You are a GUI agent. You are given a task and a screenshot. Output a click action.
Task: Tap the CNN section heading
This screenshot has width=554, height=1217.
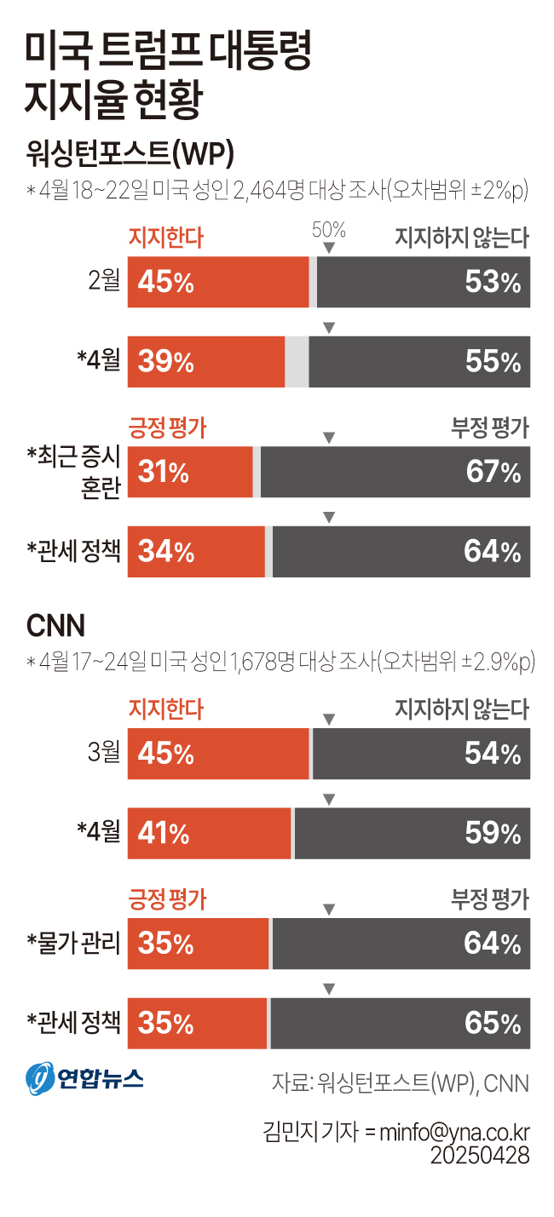coord(56,626)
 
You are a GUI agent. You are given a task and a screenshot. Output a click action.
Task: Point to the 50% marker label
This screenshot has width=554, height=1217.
coord(329,229)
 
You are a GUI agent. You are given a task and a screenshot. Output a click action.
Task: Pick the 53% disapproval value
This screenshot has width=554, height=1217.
coord(493,282)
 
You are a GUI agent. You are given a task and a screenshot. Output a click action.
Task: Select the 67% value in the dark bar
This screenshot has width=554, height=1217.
coord(493,472)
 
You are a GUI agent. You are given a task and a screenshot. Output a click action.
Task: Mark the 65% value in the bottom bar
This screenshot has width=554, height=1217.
coord(493,1023)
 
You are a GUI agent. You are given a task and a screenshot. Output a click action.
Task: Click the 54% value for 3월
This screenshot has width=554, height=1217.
coord(493,754)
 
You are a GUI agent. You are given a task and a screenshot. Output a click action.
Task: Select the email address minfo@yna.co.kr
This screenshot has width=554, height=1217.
coord(454,1133)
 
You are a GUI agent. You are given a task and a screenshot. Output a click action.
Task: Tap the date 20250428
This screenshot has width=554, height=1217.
coord(480,1156)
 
